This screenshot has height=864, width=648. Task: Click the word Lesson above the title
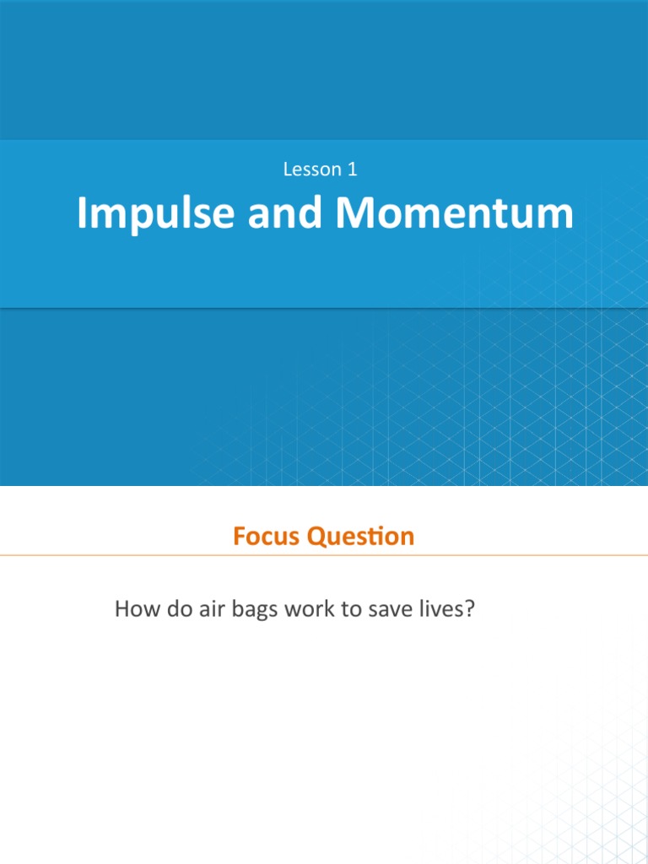coord(309,169)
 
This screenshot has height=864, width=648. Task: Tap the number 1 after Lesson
coord(352,169)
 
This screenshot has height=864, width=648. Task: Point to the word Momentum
coord(455,214)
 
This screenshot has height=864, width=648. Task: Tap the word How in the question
coord(135,608)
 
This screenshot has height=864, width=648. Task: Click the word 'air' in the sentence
coord(211,608)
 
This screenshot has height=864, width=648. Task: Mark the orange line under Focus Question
coord(324,555)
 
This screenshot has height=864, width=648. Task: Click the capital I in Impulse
coord(82,214)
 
